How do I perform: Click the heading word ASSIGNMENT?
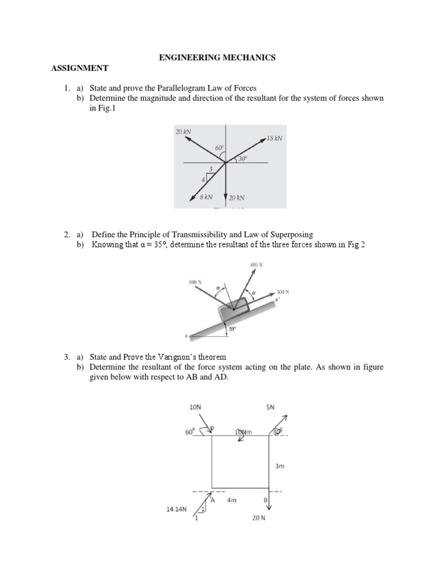tap(80, 68)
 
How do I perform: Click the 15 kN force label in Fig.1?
tap(274, 138)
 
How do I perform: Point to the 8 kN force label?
tap(206, 197)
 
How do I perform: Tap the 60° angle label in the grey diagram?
tap(219, 148)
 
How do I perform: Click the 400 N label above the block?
tap(256, 265)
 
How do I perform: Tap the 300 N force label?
tap(283, 292)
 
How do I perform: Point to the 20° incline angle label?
tap(232, 328)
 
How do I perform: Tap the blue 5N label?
tap(270, 407)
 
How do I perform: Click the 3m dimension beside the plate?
tap(279, 467)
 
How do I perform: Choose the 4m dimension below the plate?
tap(232, 501)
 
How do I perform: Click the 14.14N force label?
tap(176, 509)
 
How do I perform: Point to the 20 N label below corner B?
tap(259, 518)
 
